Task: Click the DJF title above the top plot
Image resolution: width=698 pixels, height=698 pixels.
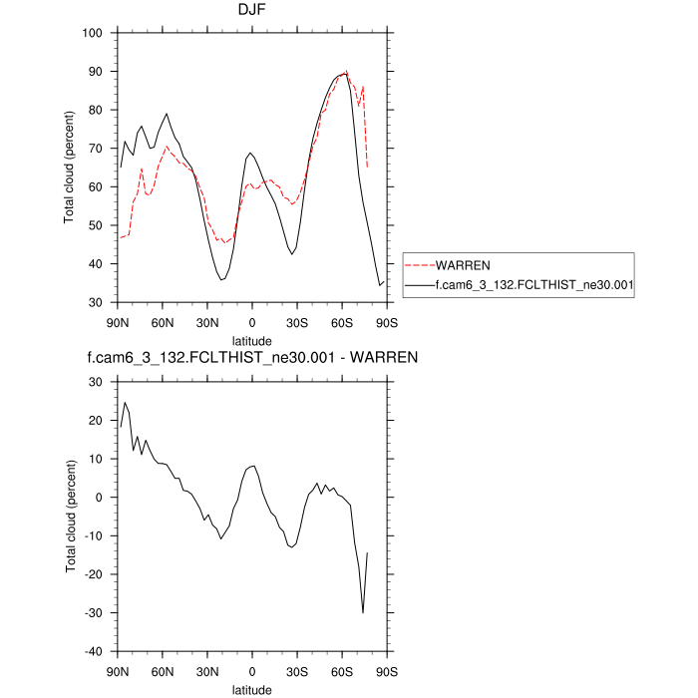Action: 252,12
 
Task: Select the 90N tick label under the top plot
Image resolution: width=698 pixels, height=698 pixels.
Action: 118,322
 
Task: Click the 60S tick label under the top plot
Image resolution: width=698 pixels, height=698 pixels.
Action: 343,322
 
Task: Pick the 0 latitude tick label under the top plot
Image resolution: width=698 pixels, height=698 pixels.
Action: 252,322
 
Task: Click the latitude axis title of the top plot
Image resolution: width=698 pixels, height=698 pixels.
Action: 252,339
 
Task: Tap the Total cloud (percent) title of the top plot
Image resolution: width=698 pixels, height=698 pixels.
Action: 70,168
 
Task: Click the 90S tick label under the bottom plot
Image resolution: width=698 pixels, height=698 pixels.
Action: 388,671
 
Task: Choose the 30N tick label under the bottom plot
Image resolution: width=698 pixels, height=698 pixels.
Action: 207,671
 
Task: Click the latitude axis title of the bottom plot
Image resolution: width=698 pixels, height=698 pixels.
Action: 252,689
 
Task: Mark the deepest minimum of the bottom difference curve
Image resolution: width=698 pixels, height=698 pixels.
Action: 363,613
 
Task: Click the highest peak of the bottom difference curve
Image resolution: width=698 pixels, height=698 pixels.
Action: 125,403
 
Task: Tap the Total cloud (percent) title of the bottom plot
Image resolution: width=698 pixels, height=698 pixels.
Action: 70,517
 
